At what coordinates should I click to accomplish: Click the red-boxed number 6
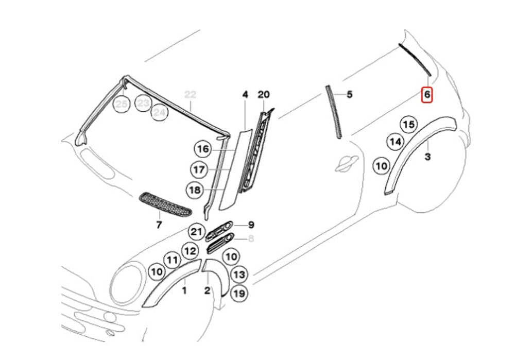tap(427, 95)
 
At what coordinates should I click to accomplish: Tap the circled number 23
tap(143, 103)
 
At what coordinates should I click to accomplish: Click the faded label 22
tap(191, 94)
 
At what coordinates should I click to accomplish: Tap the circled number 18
tap(195, 190)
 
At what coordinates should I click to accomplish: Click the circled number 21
tap(196, 232)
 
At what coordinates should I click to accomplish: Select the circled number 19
tap(238, 294)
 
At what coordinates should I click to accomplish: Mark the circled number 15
tap(408, 124)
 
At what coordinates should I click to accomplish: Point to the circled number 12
tap(190, 251)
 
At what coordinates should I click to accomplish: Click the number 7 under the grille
tap(159, 225)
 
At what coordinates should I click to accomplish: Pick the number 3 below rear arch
tap(427, 157)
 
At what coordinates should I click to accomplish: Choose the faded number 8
tap(251, 238)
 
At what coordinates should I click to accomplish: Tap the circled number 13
tap(238, 275)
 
